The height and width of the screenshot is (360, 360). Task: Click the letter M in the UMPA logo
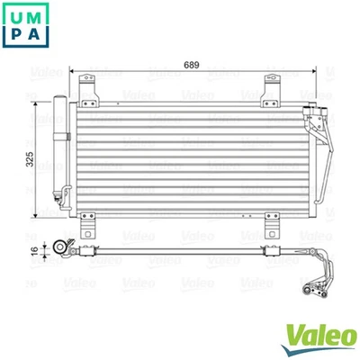coord(36,16)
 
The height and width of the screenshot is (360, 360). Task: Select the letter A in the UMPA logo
coord(36,37)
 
